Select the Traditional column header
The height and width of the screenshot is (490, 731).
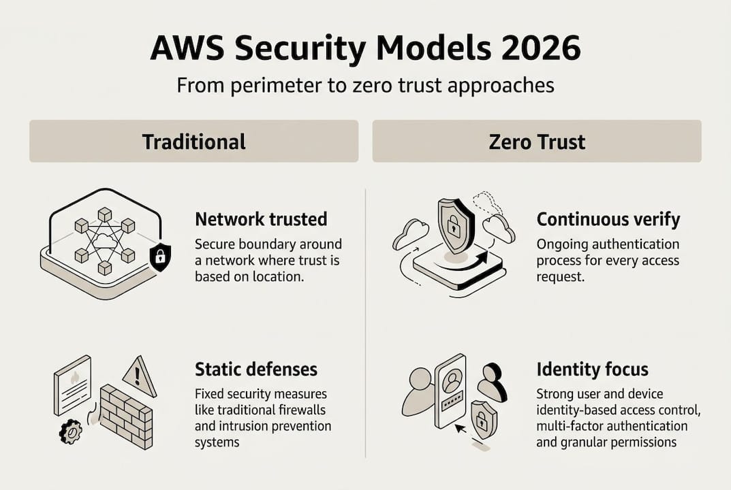point(193,142)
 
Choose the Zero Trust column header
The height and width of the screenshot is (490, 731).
point(537,142)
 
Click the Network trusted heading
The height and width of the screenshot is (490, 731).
point(261,219)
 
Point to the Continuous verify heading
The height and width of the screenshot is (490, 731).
point(608,219)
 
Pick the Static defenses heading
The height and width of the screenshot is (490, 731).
point(256,369)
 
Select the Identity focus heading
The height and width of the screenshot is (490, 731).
point(592,370)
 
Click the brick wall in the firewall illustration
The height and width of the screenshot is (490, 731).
point(127,416)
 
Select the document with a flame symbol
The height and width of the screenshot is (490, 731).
point(72,385)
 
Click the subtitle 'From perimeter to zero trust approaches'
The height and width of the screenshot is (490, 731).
point(365,86)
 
